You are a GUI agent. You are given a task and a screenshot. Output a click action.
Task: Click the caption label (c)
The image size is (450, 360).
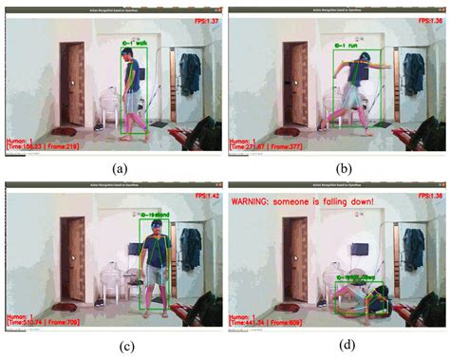pyautogui.click(x=113, y=346)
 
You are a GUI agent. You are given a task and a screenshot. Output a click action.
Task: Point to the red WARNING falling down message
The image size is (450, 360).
pyautogui.click(x=303, y=201)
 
